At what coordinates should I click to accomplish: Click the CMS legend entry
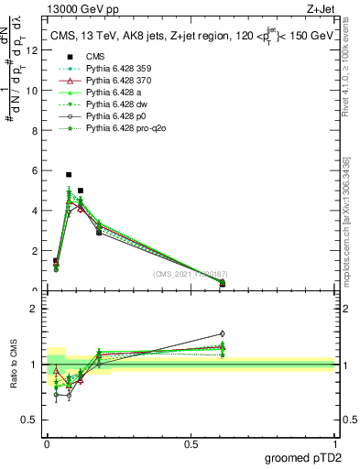pos(95,56)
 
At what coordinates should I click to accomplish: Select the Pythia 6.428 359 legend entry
pos(115,69)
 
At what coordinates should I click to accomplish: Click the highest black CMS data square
pos(69,174)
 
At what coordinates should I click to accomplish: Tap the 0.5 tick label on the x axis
pos(191,445)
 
